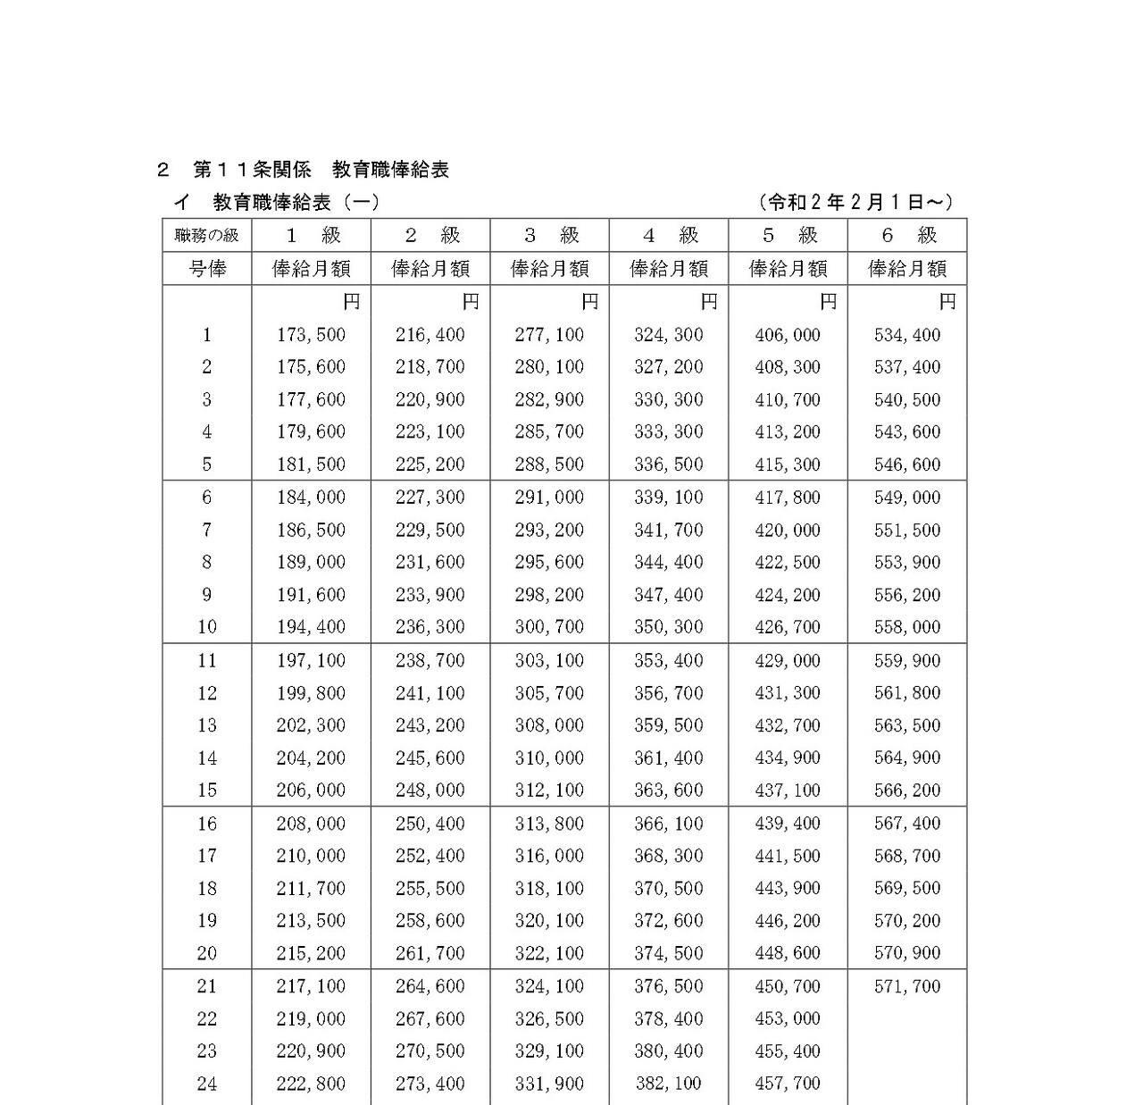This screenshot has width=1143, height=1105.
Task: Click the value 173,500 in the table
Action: click(311, 335)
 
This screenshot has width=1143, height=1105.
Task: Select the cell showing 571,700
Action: click(907, 986)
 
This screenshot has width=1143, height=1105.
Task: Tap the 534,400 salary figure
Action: click(907, 335)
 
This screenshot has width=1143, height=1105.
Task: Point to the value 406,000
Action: click(788, 335)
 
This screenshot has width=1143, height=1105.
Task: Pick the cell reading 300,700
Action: click(549, 627)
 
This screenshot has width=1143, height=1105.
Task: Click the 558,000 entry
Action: click(907, 627)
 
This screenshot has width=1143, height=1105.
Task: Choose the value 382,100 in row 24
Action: click(669, 1084)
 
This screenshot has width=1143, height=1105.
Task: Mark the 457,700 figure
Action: click(788, 1084)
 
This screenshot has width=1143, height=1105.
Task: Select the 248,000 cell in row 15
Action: click(430, 791)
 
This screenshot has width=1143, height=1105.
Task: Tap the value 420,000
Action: click(788, 530)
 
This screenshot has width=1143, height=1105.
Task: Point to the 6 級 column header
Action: click(908, 236)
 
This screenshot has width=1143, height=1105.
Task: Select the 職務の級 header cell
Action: click(207, 236)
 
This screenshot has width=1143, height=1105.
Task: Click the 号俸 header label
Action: click(207, 269)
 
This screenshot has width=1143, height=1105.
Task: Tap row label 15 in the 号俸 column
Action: click(207, 791)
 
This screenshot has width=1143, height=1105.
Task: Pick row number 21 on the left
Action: click(207, 986)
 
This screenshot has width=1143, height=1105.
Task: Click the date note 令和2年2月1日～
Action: click(855, 203)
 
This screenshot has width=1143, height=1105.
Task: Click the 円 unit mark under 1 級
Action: click(352, 302)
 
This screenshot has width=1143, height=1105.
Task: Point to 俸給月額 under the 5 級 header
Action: click(788, 269)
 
